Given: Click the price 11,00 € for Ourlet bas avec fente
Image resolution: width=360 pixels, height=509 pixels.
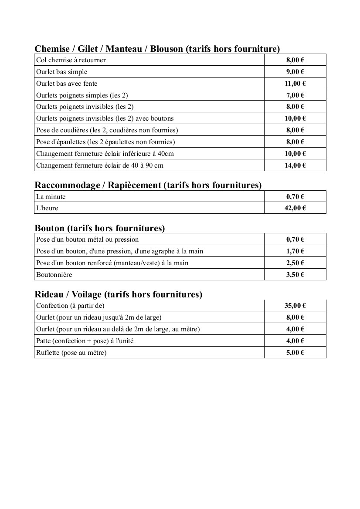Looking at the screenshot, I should click(295, 84).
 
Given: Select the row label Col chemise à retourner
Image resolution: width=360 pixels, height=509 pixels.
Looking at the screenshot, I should click(71, 60).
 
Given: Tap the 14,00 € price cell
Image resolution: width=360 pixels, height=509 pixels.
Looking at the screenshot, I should click(295, 165).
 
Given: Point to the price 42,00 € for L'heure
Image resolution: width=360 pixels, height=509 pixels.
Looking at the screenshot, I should click(295, 208).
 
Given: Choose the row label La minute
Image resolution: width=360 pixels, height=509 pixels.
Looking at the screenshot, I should click(51, 197).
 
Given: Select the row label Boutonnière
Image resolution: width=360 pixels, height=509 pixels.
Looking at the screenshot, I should click(54, 275).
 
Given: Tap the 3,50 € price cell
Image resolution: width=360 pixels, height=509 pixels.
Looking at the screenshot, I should click(295, 275).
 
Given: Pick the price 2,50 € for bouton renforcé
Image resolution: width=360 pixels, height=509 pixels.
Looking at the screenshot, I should click(295, 263).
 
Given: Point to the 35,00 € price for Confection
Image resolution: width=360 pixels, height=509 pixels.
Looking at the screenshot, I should click(295, 306).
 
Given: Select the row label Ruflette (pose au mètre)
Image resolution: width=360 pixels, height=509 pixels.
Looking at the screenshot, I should click(71, 353).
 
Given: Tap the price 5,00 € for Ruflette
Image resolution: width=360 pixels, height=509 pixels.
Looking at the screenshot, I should click(295, 353).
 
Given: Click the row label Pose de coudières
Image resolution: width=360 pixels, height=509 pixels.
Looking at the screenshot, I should click(107, 130).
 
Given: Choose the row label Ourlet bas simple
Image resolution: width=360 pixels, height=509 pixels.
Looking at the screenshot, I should click(61, 72).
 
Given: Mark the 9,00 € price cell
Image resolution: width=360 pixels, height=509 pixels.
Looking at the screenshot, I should click(295, 72).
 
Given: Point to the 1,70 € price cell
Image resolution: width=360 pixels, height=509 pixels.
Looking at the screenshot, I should click(295, 251).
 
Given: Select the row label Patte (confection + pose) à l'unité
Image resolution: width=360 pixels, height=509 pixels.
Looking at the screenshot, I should click(85, 341).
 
